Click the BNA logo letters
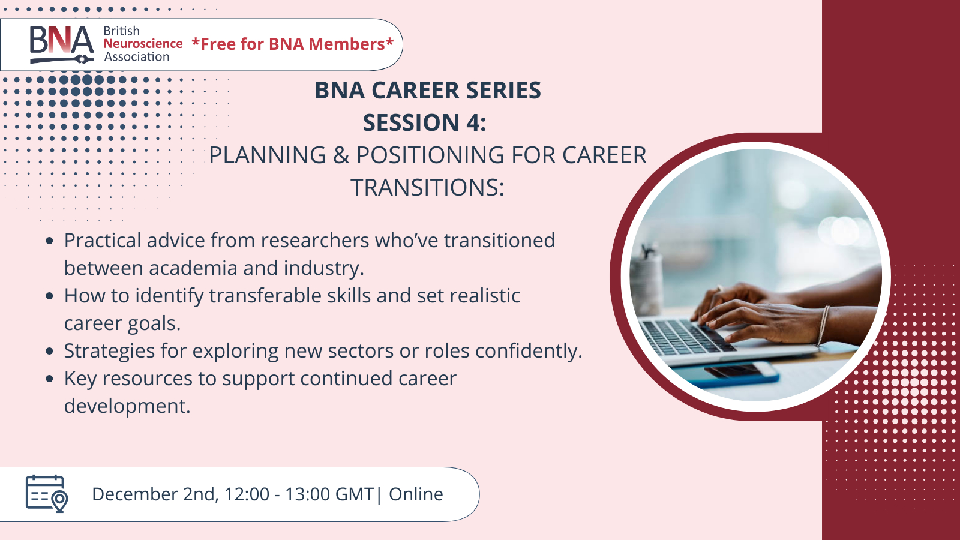pos(61,40)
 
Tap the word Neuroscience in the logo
pos(143,44)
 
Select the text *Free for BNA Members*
pos(293,44)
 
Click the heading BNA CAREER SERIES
pos(428,91)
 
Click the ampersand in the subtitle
pos(341,155)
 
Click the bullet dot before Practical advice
pos(49,241)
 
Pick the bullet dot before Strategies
pos(49,351)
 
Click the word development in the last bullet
pos(127,406)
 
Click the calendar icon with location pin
pos(47,494)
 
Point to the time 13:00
pos(307,494)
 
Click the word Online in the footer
pos(416,494)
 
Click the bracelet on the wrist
pos(823,326)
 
